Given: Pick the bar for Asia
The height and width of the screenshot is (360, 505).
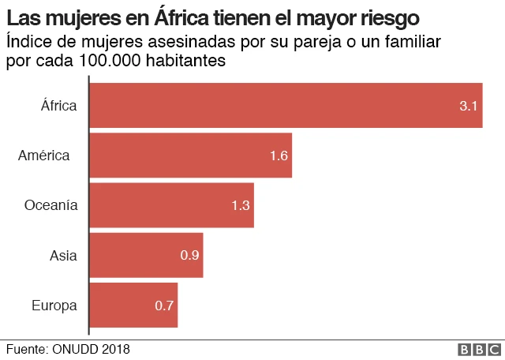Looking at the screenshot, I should click(x=147, y=255).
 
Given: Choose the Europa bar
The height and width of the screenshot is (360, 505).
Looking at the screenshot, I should click(x=134, y=305).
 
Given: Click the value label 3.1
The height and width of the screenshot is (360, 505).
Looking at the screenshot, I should click(x=469, y=106).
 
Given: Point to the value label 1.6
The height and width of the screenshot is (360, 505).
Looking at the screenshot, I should click(x=279, y=156).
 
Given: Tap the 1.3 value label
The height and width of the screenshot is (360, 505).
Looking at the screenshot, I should click(x=241, y=205).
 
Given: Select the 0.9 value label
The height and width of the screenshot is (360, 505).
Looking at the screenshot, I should click(x=190, y=255).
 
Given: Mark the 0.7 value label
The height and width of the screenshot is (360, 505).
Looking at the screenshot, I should click(x=165, y=306).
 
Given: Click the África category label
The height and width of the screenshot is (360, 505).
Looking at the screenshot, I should click(x=59, y=105).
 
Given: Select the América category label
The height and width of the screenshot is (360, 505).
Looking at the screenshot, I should click(x=44, y=155).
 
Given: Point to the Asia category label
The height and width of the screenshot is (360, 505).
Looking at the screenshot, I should click(x=63, y=255).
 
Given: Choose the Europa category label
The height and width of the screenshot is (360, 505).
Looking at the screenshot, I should click(x=54, y=305).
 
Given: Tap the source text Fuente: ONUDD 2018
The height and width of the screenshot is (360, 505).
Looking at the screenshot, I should click(x=68, y=349).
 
